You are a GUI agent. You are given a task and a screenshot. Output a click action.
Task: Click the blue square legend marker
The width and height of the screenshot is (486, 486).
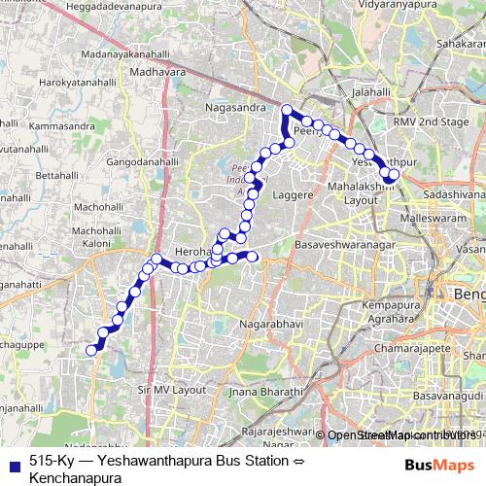pos(12,460)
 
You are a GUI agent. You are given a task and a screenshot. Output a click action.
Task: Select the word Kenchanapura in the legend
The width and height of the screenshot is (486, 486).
pos(75,477)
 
